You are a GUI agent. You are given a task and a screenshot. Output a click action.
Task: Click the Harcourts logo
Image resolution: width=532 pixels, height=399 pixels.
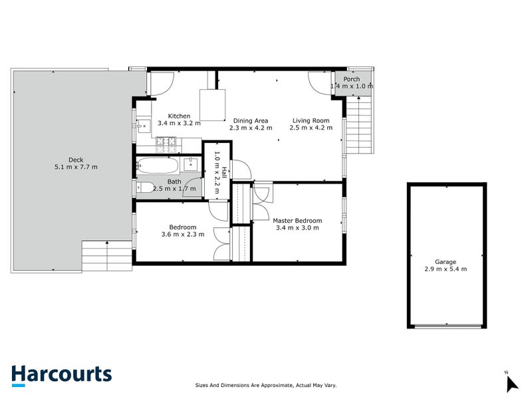[61, 374]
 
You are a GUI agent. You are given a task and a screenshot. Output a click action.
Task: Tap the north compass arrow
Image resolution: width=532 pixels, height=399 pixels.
[511, 383]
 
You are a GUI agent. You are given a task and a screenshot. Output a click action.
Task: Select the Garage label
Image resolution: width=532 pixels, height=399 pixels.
[446, 261]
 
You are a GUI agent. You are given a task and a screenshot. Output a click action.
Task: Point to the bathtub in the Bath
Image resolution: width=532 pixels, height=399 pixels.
[158, 165]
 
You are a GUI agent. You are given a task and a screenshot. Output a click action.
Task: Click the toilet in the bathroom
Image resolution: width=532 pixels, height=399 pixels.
[145, 188]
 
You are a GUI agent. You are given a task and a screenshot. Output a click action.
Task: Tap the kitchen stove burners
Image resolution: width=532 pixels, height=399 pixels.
[164, 142]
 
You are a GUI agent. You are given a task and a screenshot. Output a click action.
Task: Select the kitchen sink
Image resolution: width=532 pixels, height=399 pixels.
[142, 124]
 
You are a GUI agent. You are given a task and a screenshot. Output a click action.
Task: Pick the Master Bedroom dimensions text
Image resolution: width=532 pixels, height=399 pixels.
[297, 228]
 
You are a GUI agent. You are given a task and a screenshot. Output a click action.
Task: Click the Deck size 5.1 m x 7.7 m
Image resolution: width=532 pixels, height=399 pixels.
[76, 167]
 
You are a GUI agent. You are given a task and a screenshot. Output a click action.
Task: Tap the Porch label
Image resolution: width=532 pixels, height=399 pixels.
[352, 79]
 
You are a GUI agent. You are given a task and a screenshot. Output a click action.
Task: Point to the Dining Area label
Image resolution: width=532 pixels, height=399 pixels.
[251, 120]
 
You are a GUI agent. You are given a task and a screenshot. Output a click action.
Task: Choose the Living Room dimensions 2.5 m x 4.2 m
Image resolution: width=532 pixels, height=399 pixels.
[311, 128]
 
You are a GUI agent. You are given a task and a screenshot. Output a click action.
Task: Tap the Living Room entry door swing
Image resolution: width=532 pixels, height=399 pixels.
[319, 83]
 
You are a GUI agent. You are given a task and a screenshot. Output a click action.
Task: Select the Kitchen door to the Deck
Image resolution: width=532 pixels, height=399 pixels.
[161, 83]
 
